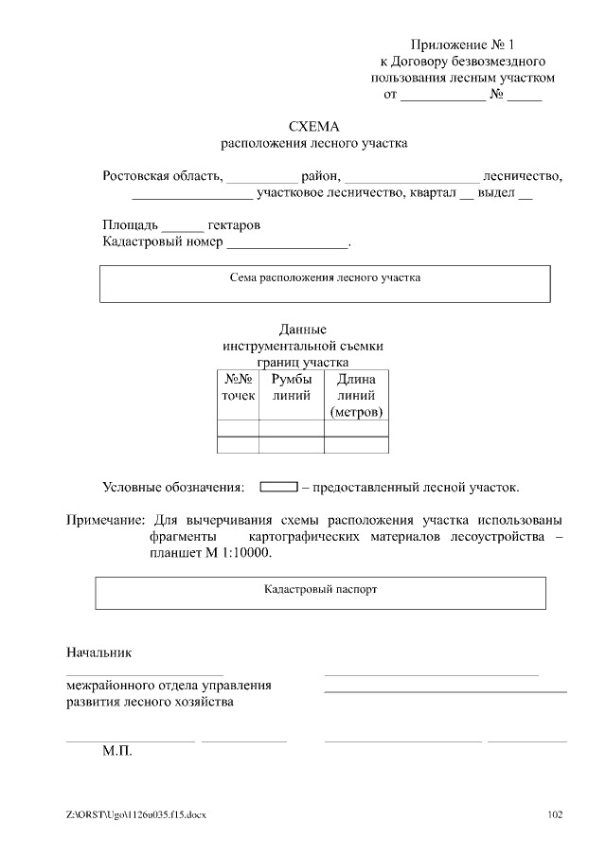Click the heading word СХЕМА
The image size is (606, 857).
pos(313,126)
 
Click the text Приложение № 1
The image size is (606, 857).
pos(462,45)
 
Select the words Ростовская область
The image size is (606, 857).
pos(162,175)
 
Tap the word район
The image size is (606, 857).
pos(319,175)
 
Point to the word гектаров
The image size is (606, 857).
pos(233,225)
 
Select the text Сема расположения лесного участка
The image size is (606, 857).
pos(325,278)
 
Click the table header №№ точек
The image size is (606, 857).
pos(238,387)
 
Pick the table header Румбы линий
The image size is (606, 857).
pos(291,387)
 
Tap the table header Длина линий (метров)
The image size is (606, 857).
pos(356,396)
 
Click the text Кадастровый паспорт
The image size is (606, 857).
pos(320,588)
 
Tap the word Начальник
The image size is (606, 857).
pos(98,652)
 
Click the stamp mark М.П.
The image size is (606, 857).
pos(117,751)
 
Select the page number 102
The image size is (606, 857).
pos(557,815)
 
